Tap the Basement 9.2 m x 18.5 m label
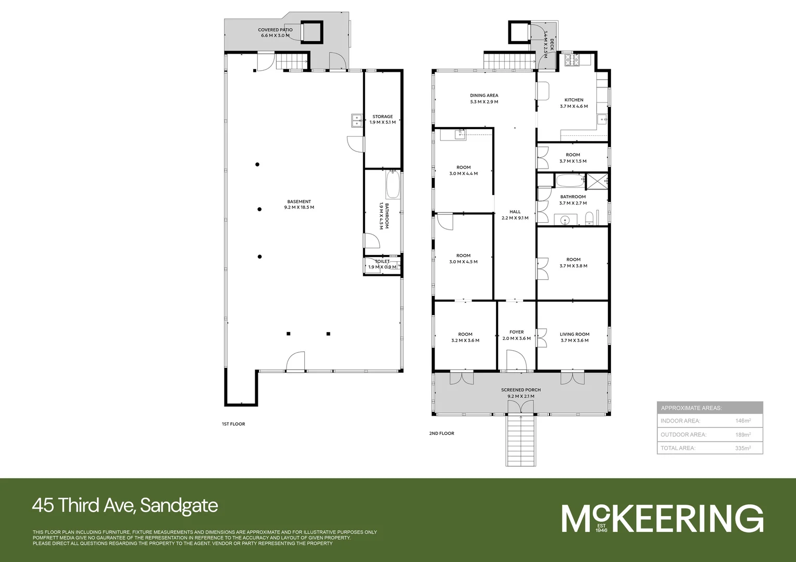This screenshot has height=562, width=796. [299, 205]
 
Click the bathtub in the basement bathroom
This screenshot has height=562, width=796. [392, 185]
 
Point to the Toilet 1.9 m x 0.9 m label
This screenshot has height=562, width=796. [382, 264]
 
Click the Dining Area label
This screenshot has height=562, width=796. [484, 98]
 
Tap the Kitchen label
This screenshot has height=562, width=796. [574, 103]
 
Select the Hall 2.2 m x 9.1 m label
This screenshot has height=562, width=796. [515, 215]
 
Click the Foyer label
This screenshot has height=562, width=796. [516, 335]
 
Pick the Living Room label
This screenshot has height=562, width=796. [575, 337]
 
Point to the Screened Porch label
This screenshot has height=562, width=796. [520, 393]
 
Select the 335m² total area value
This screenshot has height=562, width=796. [743, 448]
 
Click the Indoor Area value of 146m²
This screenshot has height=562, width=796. [743, 421]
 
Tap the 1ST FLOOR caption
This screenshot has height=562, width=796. [233, 424]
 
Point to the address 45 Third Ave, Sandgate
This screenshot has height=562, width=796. [125, 505]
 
